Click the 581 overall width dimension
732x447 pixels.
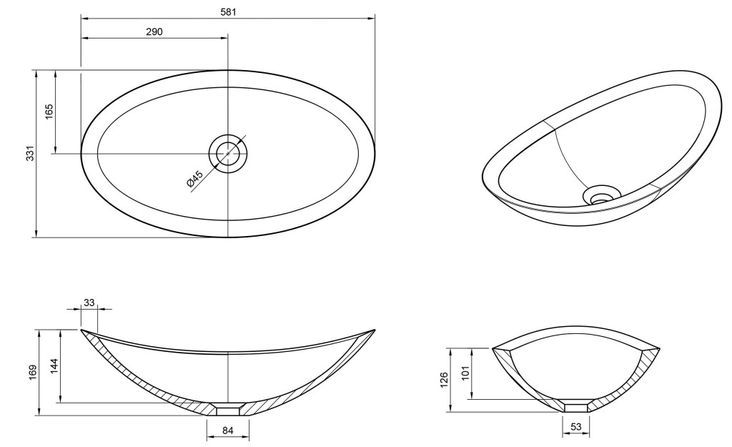(x=228, y=11)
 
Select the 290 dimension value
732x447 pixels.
(x=154, y=31)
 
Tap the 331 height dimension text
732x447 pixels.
(x=30, y=154)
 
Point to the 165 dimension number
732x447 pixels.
(x=49, y=112)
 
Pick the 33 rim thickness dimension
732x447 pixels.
(x=89, y=303)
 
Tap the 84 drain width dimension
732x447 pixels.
(x=227, y=431)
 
